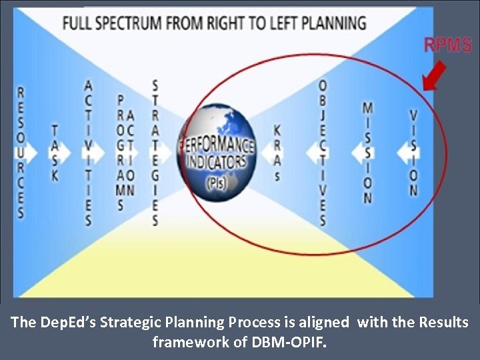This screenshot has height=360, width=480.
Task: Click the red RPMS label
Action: (x=448, y=46)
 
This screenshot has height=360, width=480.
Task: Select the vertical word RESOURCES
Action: (x=21, y=153)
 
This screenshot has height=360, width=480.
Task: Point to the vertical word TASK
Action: (x=55, y=153)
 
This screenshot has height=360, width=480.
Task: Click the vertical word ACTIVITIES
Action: (x=88, y=153)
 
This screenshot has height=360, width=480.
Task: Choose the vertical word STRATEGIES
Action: (x=155, y=153)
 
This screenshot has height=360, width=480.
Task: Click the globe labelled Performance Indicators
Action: (x=217, y=153)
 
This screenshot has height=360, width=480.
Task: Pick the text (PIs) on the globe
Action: (x=216, y=181)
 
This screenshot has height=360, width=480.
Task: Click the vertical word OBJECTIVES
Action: (x=323, y=153)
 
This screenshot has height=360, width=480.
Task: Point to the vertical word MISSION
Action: (x=367, y=153)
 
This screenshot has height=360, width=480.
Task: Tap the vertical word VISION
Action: (x=413, y=153)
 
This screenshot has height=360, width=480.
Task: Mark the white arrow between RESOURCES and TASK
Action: (x=38, y=153)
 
